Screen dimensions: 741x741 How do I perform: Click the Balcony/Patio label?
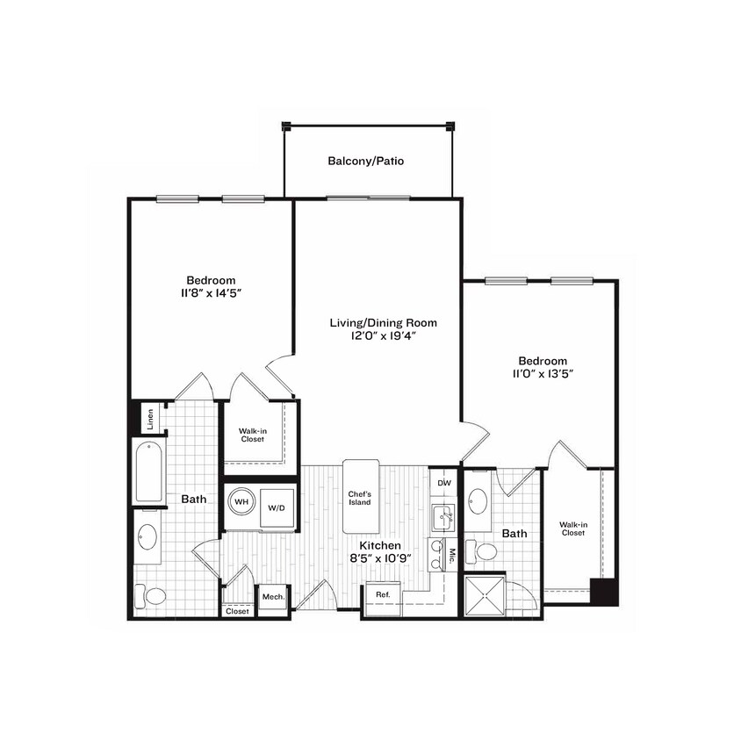coord(366,162)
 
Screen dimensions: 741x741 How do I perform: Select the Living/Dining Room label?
coord(383,322)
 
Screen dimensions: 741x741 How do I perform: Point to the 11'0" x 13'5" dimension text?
coord(542,373)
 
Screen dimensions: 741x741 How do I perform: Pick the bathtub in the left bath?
coord(149,471)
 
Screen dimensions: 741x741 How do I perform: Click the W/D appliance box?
coord(276,508)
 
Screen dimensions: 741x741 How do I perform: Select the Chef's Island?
coord(360,496)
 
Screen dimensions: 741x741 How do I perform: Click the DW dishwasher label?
coord(444,484)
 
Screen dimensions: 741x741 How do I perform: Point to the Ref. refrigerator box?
coord(383,594)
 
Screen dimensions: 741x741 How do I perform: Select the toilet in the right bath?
coord(482,552)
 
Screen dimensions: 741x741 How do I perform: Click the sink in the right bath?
coord(479,501)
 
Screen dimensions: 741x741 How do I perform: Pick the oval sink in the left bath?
coord(148,536)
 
